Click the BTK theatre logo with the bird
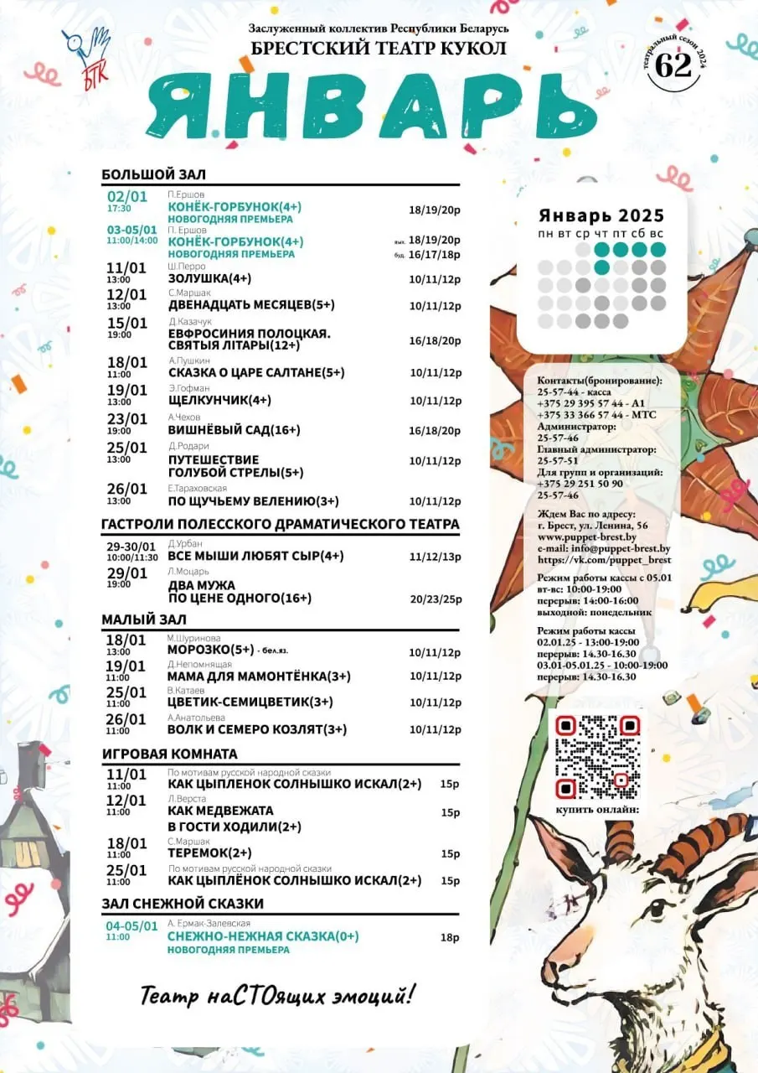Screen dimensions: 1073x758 85,52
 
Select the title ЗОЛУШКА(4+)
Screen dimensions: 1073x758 209,278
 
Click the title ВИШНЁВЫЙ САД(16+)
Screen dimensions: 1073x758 222,431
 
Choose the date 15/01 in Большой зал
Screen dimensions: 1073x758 126,323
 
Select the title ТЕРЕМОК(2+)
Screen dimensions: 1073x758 204,853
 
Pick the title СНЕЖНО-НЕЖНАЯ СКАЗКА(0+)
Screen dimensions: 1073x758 263,936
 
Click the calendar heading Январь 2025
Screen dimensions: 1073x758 601,215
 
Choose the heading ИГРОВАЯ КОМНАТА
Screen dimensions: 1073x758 169,754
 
